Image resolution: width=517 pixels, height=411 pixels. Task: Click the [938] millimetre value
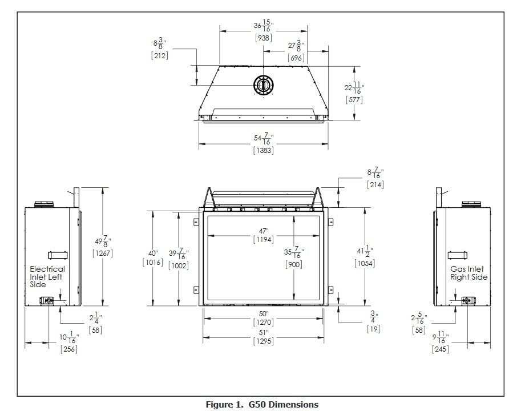click(x=264, y=38)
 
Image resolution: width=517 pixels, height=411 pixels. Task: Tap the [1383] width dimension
click(x=264, y=150)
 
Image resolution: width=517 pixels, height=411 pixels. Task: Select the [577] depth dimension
click(x=354, y=99)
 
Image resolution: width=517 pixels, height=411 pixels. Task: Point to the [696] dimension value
click(x=296, y=58)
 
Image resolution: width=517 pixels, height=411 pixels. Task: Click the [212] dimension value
click(x=160, y=55)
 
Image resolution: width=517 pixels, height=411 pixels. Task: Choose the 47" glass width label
click(x=264, y=231)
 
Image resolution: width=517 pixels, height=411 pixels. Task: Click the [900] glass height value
click(x=294, y=264)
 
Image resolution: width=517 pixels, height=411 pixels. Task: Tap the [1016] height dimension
click(x=153, y=262)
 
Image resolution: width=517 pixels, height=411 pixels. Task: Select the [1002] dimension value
click(x=179, y=265)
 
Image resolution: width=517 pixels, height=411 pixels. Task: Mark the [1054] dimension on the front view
click(x=365, y=263)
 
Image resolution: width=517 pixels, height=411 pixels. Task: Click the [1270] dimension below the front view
click(x=264, y=323)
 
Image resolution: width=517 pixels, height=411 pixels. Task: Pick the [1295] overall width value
click(x=264, y=341)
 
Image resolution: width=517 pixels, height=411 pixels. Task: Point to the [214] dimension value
click(x=375, y=185)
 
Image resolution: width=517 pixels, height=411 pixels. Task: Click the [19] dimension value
click(x=374, y=329)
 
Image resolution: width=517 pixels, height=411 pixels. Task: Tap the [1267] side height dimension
click(x=103, y=253)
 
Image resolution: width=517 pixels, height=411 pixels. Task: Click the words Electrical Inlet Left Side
click(x=47, y=277)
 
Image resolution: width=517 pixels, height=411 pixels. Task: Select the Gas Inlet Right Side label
click(x=469, y=273)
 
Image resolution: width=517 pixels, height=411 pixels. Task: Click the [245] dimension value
click(x=440, y=349)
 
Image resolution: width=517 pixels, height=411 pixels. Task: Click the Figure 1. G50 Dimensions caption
click(x=262, y=404)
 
